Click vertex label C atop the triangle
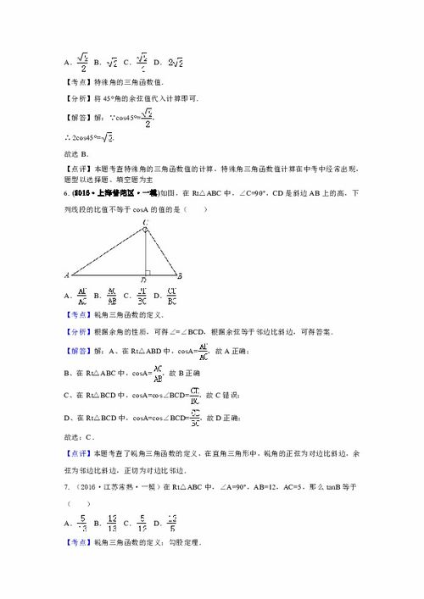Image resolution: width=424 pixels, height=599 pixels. tap(146, 224)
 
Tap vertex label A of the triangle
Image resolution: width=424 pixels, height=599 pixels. tap(65, 275)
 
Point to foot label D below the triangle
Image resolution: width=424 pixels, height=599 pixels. tap(145, 280)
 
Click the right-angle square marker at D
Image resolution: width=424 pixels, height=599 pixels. tap(149, 271)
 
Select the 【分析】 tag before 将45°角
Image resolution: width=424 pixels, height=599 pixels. tap(80, 99)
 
